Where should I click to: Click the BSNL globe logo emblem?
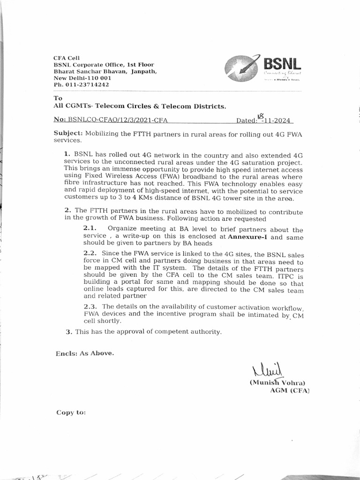241,67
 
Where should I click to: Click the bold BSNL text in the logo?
280,63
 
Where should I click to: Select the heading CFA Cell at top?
67,58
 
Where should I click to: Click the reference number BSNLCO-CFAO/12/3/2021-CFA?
117,120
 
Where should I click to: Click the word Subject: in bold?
68,133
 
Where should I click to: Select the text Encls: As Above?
84,353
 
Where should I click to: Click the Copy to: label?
71,412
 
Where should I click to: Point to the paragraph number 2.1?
90,228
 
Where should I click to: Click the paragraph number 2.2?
90,253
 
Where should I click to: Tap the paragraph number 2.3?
90,307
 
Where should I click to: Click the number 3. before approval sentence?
69,332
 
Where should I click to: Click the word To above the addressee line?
58,98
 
